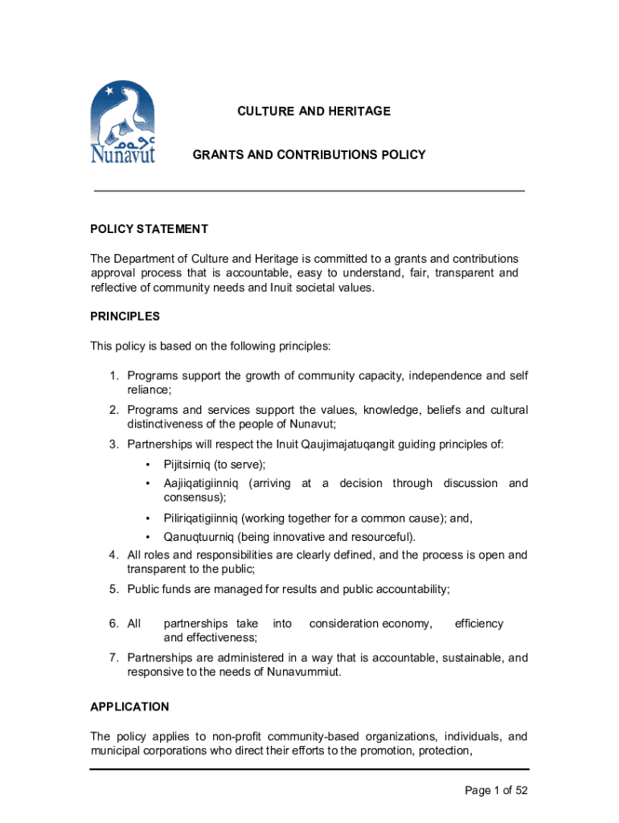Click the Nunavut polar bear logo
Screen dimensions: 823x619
(122, 123)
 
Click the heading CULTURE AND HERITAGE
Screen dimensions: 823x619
(314, 111)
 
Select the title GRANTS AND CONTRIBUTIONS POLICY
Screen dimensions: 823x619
(309, 154)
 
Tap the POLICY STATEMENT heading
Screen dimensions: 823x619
(149, 229)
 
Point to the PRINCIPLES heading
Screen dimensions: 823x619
(125, 317)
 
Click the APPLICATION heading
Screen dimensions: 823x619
(129, 706)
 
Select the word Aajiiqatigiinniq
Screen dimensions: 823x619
(202, 483)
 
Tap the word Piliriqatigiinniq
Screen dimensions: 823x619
(200, 518)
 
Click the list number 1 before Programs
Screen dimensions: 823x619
(114, 376)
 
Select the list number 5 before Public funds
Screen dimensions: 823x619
(114, 589)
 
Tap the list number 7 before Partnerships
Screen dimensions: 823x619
(114, 658)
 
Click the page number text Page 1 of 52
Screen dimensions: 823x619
(496, 791)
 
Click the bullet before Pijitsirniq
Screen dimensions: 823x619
(148, 465)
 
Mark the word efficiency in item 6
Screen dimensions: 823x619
(479, 624)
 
